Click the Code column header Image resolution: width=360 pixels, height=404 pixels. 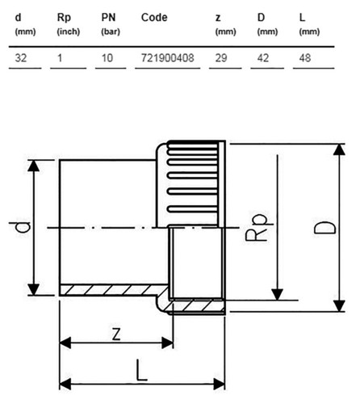pos(154,18)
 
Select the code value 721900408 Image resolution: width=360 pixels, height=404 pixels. pos(167,58)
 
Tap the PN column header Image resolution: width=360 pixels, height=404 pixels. pos(108,18)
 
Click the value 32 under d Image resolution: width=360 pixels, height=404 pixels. pos(21,58)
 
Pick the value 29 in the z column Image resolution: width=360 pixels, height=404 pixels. pos(221,58)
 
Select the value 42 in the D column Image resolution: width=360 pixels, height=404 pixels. pos(263,58)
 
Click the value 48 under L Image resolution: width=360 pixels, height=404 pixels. pos(305,58)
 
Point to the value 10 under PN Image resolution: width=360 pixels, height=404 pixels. pos(107,58)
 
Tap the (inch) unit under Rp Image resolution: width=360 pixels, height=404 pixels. pos(69,32)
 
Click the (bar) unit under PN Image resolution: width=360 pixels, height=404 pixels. pos(111,32)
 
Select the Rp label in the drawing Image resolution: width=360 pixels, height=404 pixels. pos(257,228)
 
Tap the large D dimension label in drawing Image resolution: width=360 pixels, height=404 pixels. pos(324,228)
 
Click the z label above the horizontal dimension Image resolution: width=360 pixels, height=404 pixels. pos(116,335)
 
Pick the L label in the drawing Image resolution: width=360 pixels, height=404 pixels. pos(141,370)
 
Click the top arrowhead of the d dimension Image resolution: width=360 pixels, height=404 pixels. pos(34,166)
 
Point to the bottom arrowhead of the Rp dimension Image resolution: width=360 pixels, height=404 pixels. pos(277,294)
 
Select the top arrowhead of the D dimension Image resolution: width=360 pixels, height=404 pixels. pos(339,149)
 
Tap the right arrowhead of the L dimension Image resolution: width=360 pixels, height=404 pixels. pos(219,384)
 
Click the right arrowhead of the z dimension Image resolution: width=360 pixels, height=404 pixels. pos(167,343)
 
